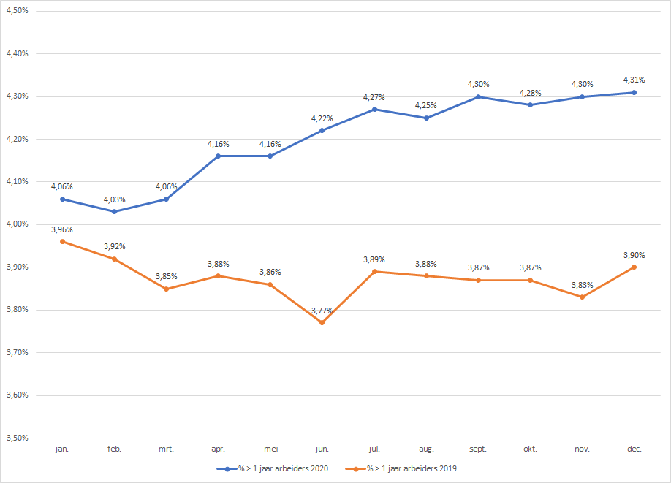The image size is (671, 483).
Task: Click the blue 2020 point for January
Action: [x=63, y=199]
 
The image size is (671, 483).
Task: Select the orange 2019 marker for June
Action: [x=322, y=322]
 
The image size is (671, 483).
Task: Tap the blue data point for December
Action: [x=634, y=92]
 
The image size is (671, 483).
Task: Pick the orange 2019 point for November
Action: [x=582, y=297]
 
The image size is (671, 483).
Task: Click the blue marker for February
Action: [x=115, y=211]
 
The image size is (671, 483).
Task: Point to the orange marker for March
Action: [x=167, y=289]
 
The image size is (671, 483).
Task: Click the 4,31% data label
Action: [x=634, y=80]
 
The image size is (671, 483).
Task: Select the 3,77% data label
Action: [x=322, y=311]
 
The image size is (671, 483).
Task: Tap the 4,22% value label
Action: [x=322, y=118]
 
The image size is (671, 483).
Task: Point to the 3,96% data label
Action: [x=63, y=229]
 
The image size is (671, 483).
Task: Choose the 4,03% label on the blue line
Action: [x=115, y=199]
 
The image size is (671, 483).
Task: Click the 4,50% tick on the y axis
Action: [x=16, y=11]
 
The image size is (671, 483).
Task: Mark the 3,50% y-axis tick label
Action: [x=16, y=438]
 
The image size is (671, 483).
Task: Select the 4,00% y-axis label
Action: [x=16, y=224]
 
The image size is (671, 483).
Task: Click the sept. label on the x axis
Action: [x=478, y=449]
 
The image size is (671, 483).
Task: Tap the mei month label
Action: [x=270, y=449]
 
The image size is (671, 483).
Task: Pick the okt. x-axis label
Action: [x=530, y=449]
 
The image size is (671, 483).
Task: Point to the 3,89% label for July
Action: [x=374, y=259]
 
